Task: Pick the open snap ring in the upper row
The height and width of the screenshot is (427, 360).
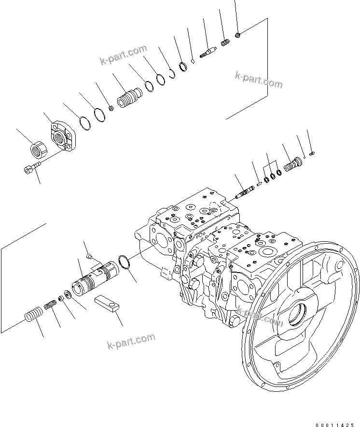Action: click(171, 73)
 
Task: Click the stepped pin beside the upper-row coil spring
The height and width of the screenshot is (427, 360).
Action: click(208, 52)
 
